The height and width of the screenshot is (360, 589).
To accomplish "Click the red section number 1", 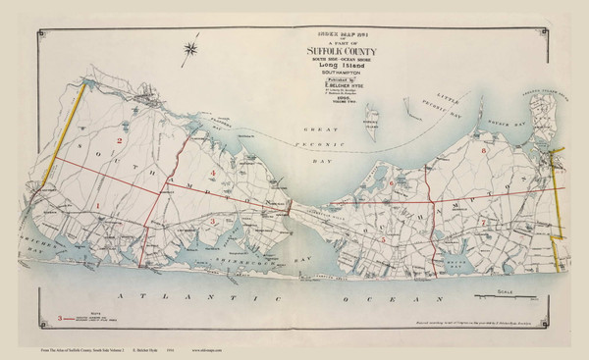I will point(98,203).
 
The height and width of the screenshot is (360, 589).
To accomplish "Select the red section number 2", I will point(119,142).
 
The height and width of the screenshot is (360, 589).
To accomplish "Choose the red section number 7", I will point(483,225).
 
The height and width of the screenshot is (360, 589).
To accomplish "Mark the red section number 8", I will point(484,152).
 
